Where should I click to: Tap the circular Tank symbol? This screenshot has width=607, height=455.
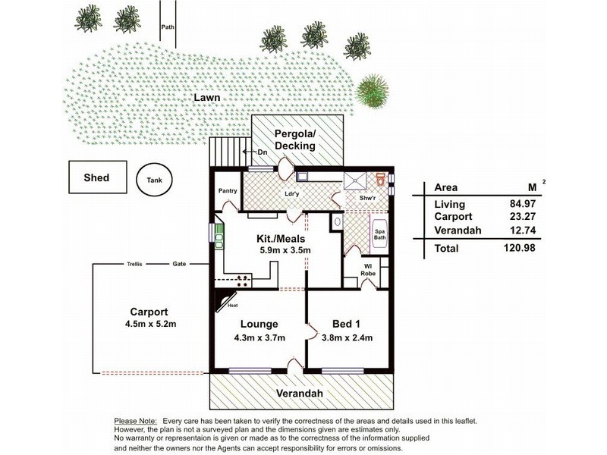point(154,180)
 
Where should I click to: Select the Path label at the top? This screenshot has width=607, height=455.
point(168,28)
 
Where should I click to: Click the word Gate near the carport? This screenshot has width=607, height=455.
point(179,265)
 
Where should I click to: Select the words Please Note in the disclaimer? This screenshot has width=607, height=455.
point(136,420)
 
